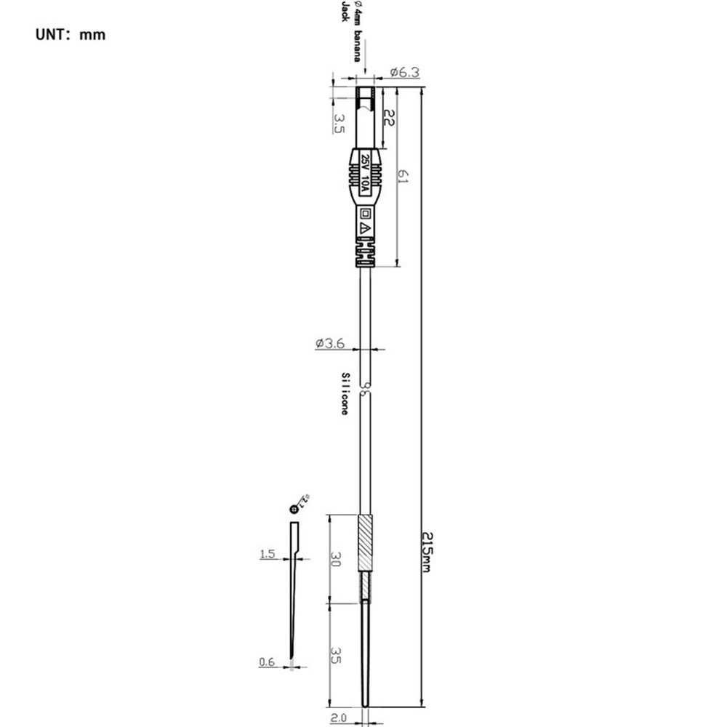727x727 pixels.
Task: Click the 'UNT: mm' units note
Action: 71,34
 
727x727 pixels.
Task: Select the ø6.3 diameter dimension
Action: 405,72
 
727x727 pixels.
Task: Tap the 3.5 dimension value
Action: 339,122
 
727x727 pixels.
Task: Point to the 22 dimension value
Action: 388,119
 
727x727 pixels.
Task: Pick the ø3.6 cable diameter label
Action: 330,344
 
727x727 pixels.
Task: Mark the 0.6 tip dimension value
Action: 267,662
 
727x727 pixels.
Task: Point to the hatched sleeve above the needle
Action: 366,542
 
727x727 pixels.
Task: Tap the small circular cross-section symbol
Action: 294,509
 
